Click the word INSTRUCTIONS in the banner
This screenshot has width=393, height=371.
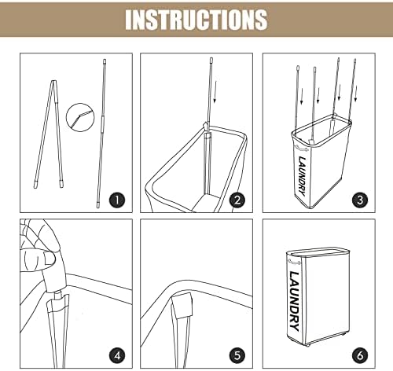pyautogui.click(x=196, y=19)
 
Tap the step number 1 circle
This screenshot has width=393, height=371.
pyautogui.click(x=117, y=200)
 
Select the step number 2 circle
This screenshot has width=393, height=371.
pyautogui.click(x=237, y=200)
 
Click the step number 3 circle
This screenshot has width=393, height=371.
pyautogui.click(x=360, y=200)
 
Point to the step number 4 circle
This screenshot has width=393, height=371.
pyautogui.click(x=117, y=355)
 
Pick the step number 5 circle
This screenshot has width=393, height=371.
pyautogui.click(x=237, y=355)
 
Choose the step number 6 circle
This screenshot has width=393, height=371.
pyautogui.click(x=360, y=355)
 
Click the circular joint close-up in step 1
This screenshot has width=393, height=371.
pyautogui.click(x=80, y=117)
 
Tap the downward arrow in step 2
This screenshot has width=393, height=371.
pyautogui.click(x=215, y=92)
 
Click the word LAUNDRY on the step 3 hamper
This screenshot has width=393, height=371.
pyautogui.click(x=302, y=176)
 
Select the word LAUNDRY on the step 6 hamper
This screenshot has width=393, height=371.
pyautogui.click(x=294, y=301)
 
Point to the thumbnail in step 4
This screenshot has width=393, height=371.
pyautogui.click(x=49, y=259)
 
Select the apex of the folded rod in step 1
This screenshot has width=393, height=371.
pyautogui.click(x=54, y=81)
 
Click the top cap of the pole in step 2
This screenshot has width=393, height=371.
pyautogui.click(x=211, y=60)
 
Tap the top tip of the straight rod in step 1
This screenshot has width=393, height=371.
pyautogui.click(x=105, y=60)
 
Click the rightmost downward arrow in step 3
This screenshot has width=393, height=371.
pyautogui.click(x=355, y=93)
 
